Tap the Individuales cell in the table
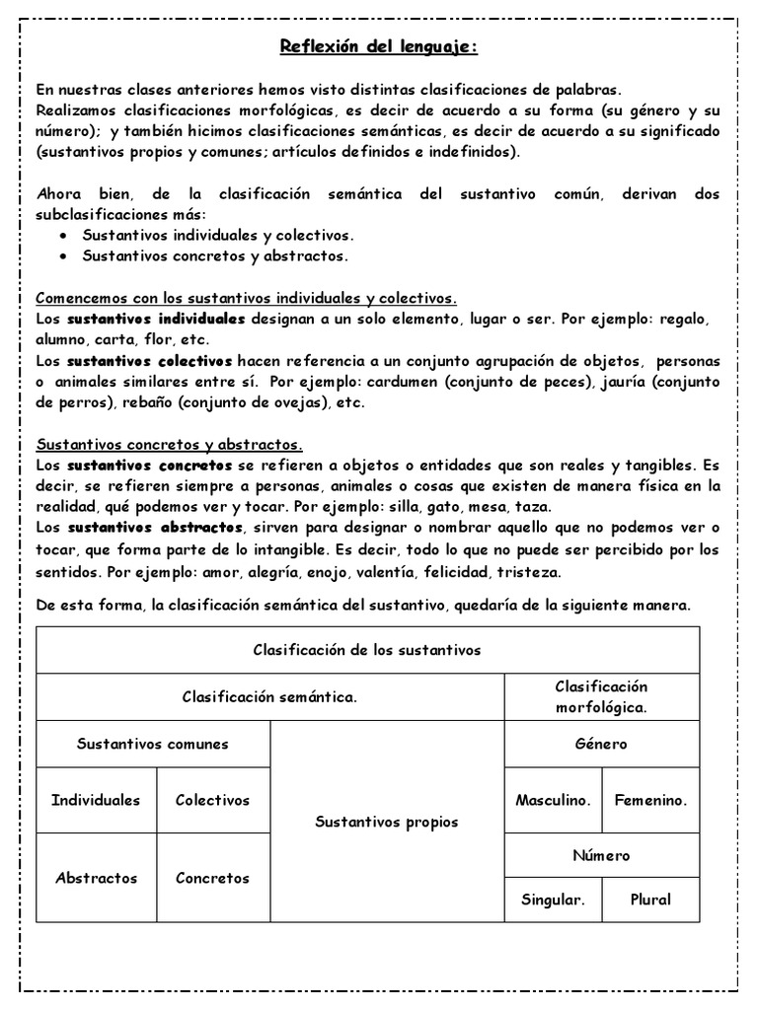96,800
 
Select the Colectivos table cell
212,800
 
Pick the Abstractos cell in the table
96,878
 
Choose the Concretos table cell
212,878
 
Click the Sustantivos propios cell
387,821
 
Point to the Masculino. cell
553,800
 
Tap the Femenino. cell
650,800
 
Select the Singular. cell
553,899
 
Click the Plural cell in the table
650,899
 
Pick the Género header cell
601,744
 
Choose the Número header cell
601,855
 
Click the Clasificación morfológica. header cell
601,696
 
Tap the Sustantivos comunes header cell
153,744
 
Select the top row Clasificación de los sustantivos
367,650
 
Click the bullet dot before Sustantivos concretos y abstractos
63,256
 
